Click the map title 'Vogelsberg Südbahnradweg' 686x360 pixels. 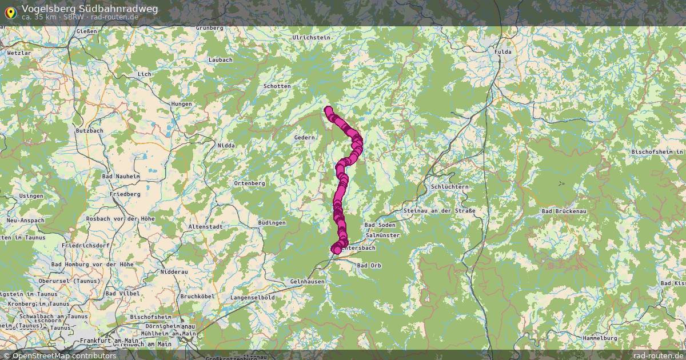click(90, 9)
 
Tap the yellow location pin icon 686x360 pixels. click(10, 11)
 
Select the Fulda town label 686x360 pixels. click(503, 51)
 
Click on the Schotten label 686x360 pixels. click(277, 86)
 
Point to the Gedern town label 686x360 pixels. click(305, 138)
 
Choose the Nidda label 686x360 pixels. click(226, 146)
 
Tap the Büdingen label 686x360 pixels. click(272, 222)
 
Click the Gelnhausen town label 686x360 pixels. click(308, 282)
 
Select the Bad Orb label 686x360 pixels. click(369, 266)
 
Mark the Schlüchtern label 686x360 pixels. click(450, 187)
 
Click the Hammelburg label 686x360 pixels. click(600, 338)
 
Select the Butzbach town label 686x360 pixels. click(89, 131)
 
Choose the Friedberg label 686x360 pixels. click(125, 194)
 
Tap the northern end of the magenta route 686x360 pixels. click(328, 110)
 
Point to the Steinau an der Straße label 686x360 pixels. click(439, 211)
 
